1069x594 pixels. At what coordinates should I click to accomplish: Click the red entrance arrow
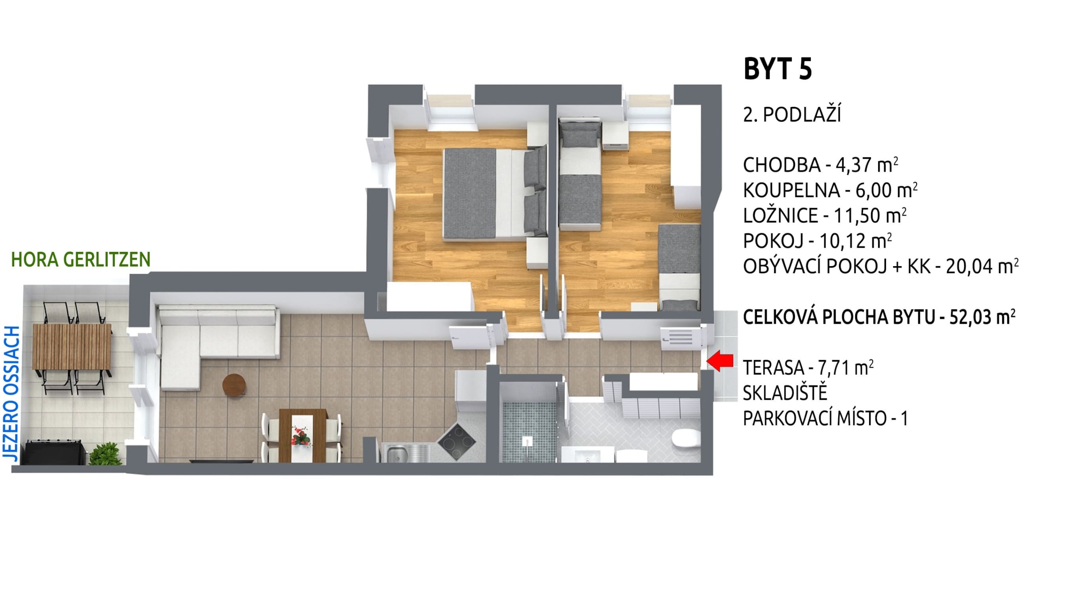tap(719, 361)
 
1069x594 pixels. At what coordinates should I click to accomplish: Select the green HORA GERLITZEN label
tap(81, 259)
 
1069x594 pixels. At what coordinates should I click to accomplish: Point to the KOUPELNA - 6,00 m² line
tap(830, 190)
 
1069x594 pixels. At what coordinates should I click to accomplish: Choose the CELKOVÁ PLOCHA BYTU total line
tap(879, 317)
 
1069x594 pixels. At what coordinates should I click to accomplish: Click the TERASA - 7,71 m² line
tap(808, 368)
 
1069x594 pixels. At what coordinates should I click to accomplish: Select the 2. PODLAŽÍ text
tap(792, 114)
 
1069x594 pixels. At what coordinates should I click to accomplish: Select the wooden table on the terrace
tap(72, 347)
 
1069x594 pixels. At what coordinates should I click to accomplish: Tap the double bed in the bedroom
tap(495, 194)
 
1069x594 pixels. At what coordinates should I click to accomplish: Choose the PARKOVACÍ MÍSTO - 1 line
tap(826, 418)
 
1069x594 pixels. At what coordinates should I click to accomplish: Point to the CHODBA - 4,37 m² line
tap(821, 165)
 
